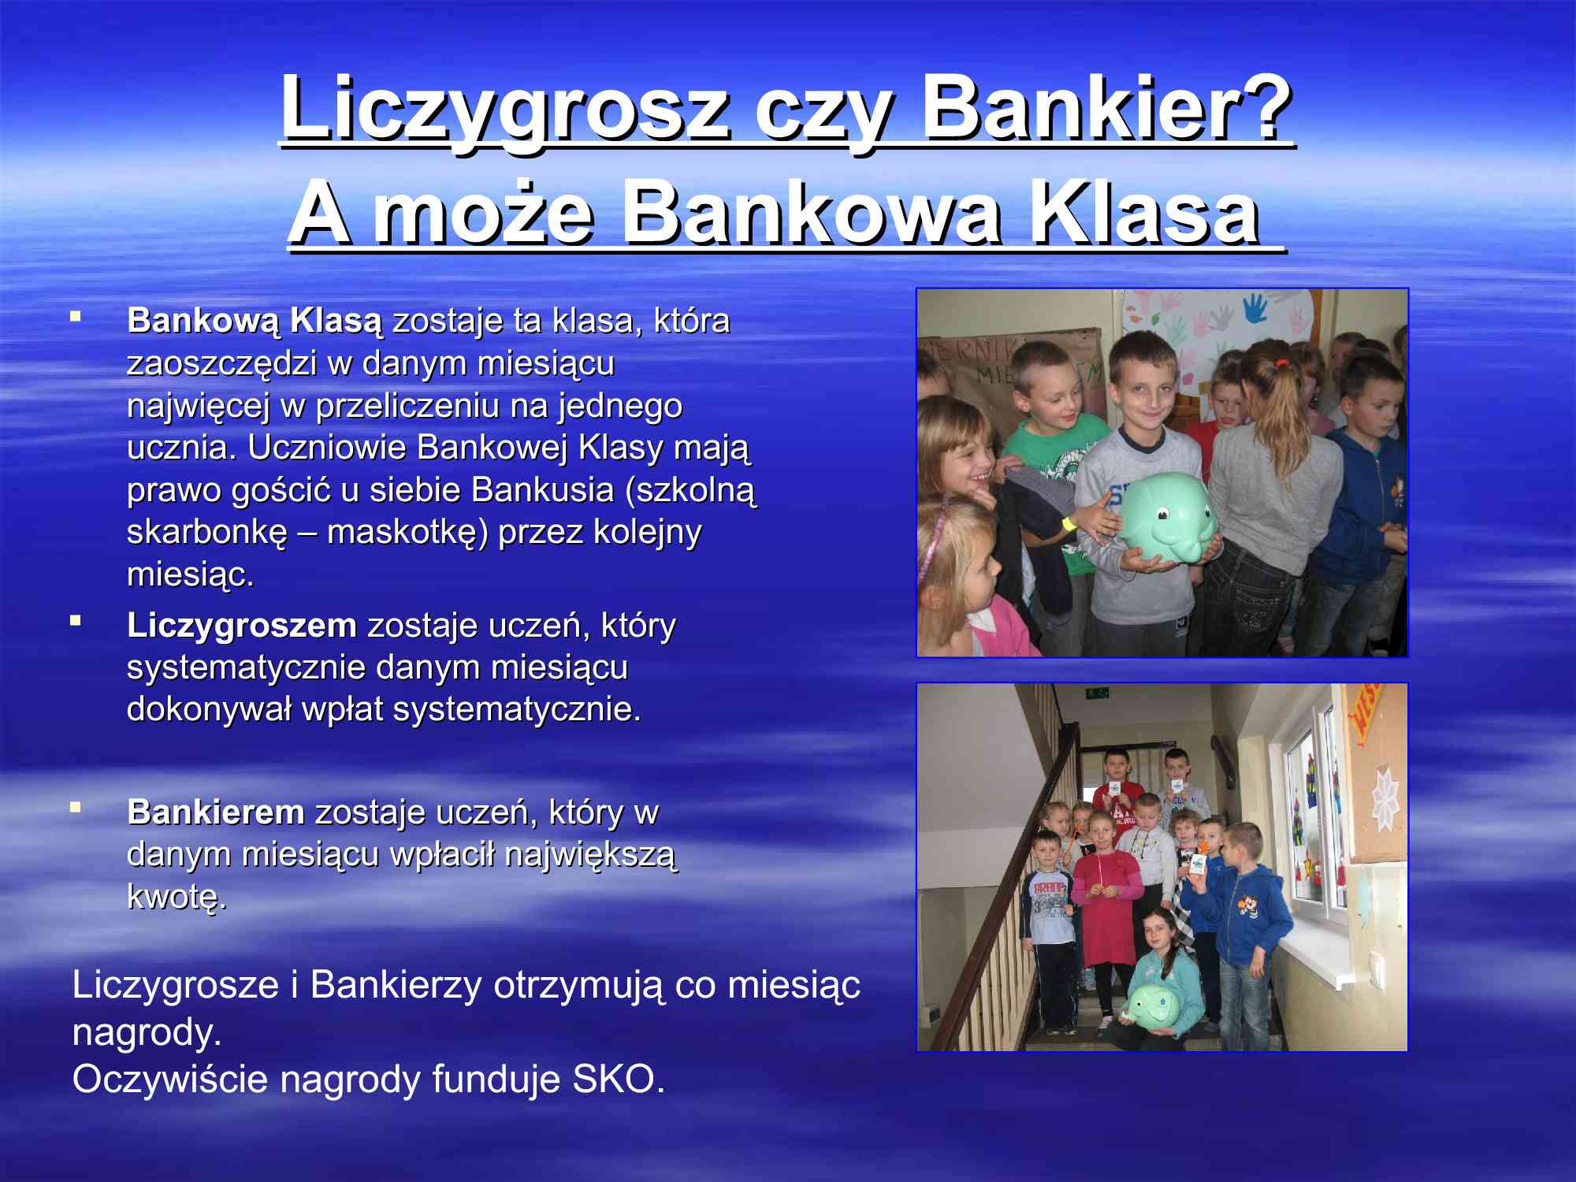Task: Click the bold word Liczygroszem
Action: click(x=242, y=626)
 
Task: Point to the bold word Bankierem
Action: click(x=216, y=812)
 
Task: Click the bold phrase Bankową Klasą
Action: click(x=255, y=322)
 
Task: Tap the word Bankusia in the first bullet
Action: click(x=543, y=489)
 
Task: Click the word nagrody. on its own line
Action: click(x=147, y=1033)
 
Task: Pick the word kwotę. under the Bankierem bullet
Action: click(x=177, y=898)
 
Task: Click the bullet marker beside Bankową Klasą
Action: click(x=76, y=317)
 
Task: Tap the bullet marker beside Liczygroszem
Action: click(x=76, y=621)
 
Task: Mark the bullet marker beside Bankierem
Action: click(x=76, y=807)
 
